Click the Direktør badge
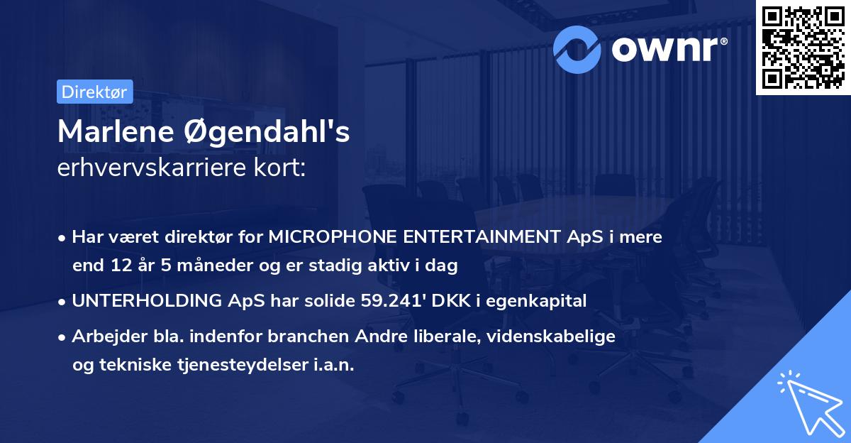[94, 92]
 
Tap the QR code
[802, 47]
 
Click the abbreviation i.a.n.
[333, 365]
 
